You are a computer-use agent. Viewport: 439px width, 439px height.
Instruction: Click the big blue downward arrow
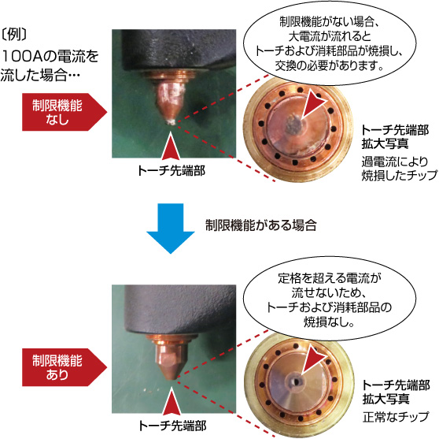[171, 228]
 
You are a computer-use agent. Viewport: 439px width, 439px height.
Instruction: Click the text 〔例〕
[14, 35]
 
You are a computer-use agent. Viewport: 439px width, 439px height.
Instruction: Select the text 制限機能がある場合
[261, 225]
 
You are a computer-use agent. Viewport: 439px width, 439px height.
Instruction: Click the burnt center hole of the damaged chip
[294, 125]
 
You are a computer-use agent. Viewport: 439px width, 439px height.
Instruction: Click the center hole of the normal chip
[294, 381]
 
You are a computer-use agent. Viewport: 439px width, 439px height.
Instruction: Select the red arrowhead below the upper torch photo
[171, 147]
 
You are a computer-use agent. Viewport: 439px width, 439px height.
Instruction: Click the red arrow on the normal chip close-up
[313, 360]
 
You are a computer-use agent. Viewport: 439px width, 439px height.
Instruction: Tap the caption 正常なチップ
[396, 417]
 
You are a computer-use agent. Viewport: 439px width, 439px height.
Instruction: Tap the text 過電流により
[395, 162]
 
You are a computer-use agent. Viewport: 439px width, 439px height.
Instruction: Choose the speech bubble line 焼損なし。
[329, 322]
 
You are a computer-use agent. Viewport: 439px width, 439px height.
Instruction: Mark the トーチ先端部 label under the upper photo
[172, 170]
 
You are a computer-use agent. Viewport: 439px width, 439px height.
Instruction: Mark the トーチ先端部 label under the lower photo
[172, 426]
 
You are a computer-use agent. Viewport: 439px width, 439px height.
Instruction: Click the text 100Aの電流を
[50, 56]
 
